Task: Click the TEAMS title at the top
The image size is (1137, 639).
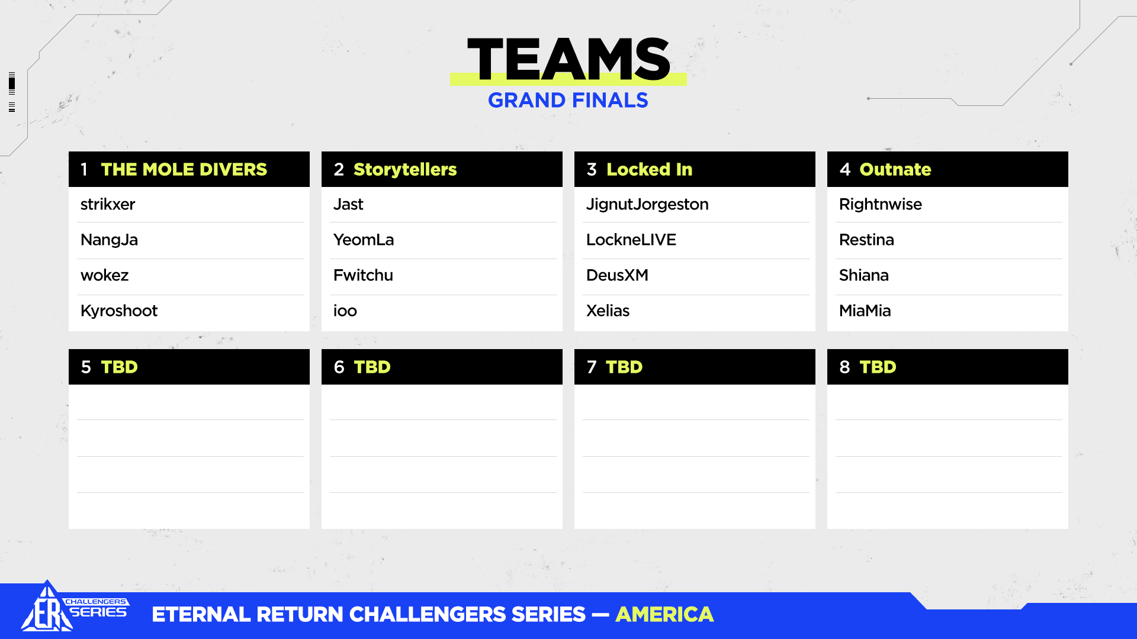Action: point(568,59)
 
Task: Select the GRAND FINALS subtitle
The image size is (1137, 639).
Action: point(568,101)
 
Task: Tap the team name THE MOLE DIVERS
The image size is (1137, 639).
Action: point(184,169)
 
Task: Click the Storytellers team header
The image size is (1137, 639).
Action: point(405,170)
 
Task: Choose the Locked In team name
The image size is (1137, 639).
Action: point(649,169)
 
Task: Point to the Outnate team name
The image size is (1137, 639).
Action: point(895,169)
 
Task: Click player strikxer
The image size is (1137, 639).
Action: point(108,204)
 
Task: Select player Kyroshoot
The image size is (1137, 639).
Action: point(119,311)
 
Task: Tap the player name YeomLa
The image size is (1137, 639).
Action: point(364,240)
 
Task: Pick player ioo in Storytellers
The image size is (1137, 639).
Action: point(345,311)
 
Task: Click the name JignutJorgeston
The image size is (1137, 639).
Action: point(647,205)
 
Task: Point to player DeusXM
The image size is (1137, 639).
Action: point(617,275)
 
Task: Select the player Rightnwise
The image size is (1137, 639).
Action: point(881,205)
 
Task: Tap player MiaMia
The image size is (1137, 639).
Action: point(865,311)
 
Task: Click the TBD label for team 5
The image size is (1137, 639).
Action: point(120,367)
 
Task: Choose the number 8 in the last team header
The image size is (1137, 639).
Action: point(844,367)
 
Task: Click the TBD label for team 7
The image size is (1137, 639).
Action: point(624,367)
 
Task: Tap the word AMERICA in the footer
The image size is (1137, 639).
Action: point(664,614)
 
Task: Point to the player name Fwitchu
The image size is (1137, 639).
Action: point(363,275)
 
